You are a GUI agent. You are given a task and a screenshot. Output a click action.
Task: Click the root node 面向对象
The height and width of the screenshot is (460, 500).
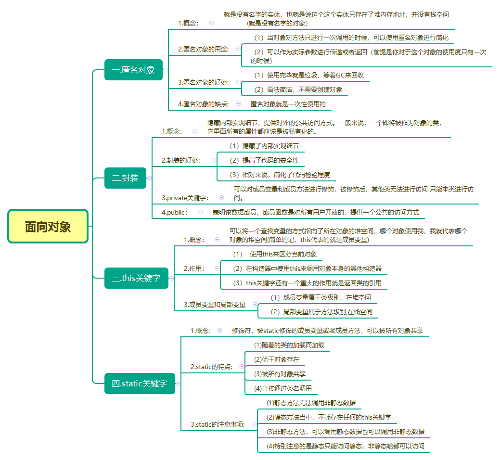point(48,227)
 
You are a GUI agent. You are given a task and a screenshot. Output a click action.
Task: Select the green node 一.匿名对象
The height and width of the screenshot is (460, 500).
point(133,70)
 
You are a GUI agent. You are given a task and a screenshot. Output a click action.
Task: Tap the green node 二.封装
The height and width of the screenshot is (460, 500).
point(125,178)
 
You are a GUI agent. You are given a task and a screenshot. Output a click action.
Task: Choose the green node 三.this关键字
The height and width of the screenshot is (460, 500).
point(136,278)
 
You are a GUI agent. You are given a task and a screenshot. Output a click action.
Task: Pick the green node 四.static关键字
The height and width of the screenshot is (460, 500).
point(140,383)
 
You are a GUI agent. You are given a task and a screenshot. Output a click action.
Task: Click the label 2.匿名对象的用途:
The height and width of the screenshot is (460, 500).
point(203,49)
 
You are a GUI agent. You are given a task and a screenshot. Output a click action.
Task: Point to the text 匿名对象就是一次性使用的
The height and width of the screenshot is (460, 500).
point(288,103)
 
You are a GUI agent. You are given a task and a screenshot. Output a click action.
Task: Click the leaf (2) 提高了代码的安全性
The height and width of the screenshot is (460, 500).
point(264,160)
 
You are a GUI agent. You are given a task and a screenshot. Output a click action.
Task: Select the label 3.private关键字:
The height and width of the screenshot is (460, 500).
point(185,197)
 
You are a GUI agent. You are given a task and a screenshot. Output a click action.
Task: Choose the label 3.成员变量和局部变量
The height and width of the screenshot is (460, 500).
point(215,305)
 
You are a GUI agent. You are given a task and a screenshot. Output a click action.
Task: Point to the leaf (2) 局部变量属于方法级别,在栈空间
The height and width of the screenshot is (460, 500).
point(321,312)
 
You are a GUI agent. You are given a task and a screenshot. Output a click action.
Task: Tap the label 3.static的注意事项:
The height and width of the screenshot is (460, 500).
point(218,424)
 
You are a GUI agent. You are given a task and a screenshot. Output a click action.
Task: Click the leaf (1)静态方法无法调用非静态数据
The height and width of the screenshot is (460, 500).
point(311,403)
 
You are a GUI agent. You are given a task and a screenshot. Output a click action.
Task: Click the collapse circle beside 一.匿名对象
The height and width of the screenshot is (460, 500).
point(166,70)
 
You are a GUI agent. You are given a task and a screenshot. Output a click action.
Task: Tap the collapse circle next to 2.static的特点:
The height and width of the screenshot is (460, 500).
point(242,367)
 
